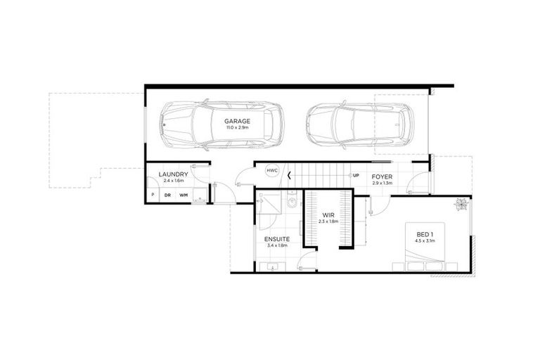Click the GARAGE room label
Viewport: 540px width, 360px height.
click(x=238, y=121)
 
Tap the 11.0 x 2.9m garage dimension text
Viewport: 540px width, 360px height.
click(x=238, y=129)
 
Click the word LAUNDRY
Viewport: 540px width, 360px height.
click(x=172, y=174)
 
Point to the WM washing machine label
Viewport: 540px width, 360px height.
click(x=184, y=195)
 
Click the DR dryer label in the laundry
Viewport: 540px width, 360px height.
click(x=168, y=195)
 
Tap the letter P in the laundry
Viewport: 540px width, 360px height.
click(x=153, y=195)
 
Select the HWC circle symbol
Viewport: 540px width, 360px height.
click(x=272, y=171)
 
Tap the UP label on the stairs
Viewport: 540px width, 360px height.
click(x=356, y=175)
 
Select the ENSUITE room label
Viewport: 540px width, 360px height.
click(x=277, y=239)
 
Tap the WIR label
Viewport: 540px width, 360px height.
click(x=328, y=215)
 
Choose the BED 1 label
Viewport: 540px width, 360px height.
click(x=425, y=236)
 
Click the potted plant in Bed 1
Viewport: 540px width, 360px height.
click(x=461, y=205)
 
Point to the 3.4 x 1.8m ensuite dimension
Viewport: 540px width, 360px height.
click(x=277, y=246)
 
